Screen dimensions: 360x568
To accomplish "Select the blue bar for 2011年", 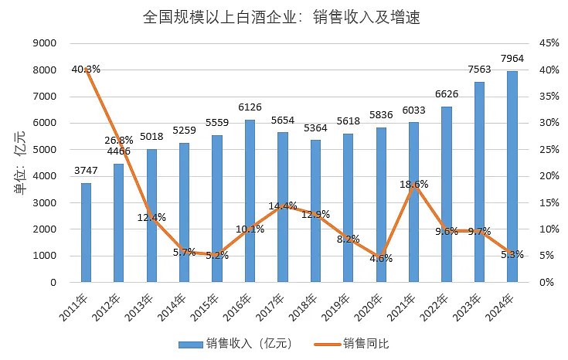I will [x=86, y=232].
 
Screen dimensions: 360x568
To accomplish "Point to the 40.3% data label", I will [x=85, y=69].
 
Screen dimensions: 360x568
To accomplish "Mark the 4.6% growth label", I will [x=380, y=258].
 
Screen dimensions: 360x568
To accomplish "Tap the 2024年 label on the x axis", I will [x=502, y=307].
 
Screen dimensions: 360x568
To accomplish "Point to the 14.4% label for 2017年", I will [x=283, y=205].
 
